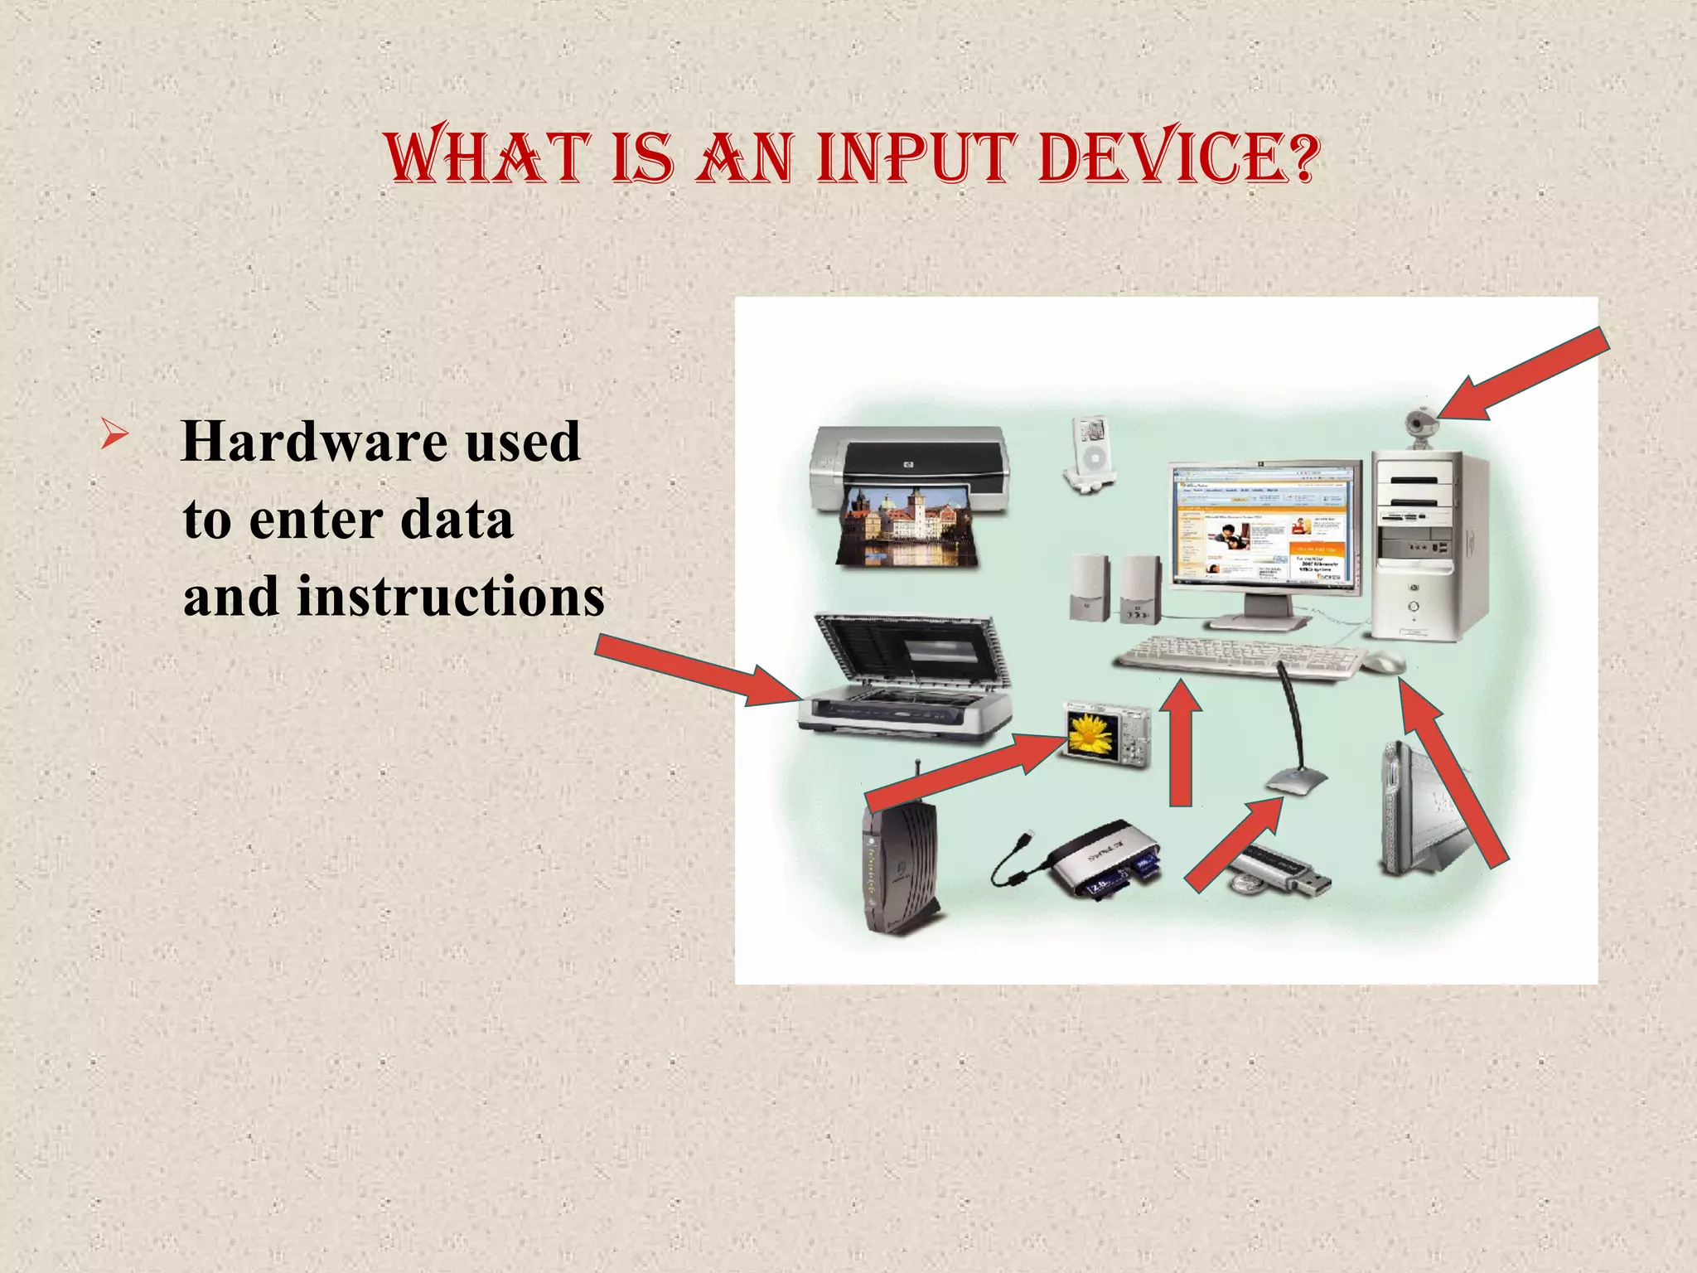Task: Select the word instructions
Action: tap(451, 597)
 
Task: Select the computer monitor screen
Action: tap(1263, 525)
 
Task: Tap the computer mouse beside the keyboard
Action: tap(1384, 662)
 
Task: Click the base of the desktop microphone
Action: tap(1296, 781)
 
